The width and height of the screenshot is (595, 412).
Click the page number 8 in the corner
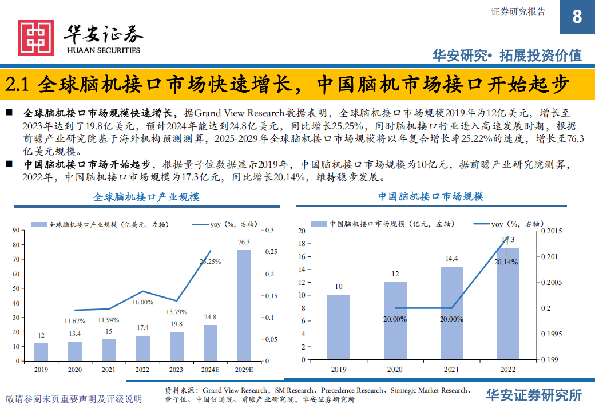point(577,17)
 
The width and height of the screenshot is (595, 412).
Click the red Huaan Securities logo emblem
point(35,38)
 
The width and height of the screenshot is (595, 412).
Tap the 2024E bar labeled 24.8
point(211,342)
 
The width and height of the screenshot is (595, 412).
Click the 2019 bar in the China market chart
point(339,327)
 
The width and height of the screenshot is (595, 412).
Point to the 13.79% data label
point(176,311)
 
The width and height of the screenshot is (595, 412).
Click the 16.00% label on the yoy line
point(142,302)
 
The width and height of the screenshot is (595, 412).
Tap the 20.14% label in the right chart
point(506,262)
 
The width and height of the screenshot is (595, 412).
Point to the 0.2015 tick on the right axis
point(552,231)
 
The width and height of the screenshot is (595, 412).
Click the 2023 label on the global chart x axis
point(176,370)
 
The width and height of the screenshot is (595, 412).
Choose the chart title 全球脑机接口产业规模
point(146,197)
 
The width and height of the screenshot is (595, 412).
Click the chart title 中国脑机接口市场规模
point(430,196)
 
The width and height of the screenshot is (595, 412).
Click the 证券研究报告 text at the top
point(518,11)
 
